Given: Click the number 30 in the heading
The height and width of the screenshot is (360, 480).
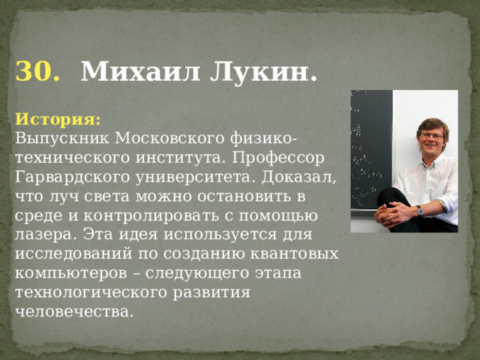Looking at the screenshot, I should point(37,72).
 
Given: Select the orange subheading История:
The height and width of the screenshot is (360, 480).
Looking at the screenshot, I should point(58,119).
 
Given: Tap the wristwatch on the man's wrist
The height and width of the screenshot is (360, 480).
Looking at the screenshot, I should point(420,210).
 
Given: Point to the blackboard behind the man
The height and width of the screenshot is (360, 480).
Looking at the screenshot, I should point(370,150).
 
